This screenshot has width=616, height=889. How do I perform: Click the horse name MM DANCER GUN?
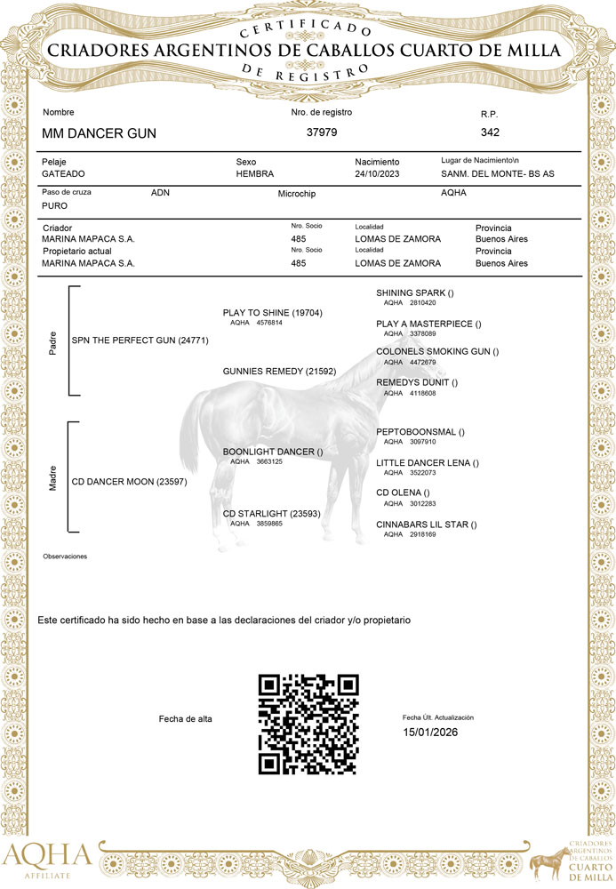[x=99, y=133]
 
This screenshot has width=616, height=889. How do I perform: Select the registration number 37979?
[x=322, y=132]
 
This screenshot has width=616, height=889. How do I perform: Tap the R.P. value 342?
[x=490, y=132]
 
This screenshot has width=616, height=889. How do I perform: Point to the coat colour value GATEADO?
[x=63, y=173]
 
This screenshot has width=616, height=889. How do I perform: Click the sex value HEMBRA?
[x=254, y=173]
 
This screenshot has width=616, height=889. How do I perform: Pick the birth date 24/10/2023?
[x=379, y=173]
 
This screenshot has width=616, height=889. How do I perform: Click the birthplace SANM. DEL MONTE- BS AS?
[x=497, y=173]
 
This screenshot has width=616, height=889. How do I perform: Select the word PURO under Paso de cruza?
[x=55, y=205]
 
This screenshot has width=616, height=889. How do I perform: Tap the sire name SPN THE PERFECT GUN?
[x=140, y=340]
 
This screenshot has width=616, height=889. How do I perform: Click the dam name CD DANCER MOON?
[x=129, y=482]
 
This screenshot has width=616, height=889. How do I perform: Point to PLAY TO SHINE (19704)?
[x=272, y=313]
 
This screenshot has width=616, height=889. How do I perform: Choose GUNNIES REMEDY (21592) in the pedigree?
[x=279, y=370]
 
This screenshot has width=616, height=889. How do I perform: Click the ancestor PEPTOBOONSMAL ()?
[x=420, y=432]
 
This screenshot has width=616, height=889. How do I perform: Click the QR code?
[x=308, y=724]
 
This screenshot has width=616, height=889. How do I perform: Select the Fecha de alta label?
[x=185, y=718]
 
